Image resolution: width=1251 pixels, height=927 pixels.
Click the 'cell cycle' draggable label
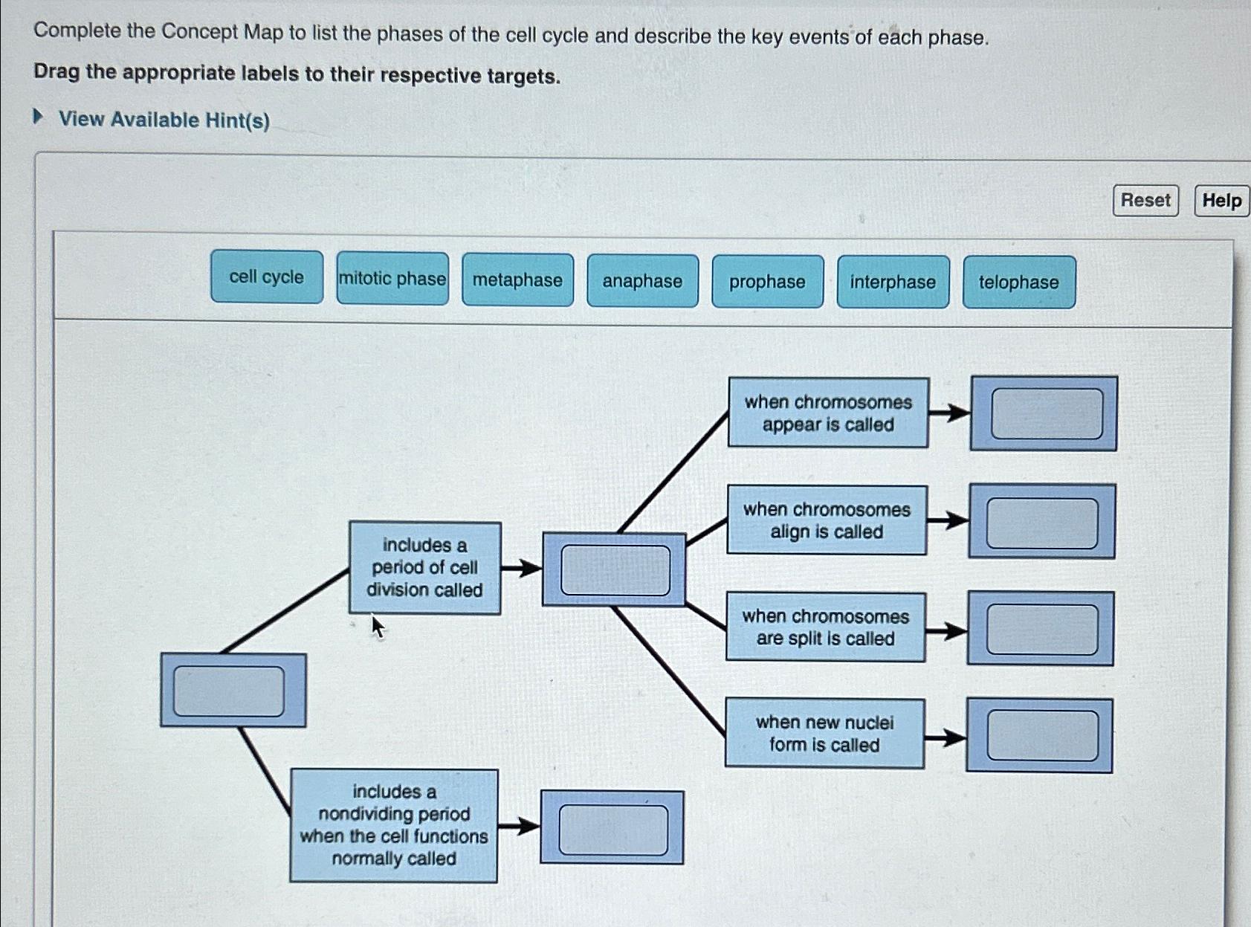tap(266, 277)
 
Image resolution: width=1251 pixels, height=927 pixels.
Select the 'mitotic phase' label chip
tap(392, 279)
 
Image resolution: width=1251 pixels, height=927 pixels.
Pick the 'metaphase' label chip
tap(517, 280)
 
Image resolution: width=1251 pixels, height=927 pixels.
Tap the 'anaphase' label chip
tap(642, 281)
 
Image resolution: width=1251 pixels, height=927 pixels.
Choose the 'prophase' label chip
tap(767, 282)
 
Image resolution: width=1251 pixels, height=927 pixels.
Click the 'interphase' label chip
tap(893, 282)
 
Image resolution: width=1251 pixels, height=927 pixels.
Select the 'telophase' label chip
tap(1018, 282)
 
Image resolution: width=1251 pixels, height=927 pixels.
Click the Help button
tap(1221, 201)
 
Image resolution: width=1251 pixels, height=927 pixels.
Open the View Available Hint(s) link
tap(164, 120)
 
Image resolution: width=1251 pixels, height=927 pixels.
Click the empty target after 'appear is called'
tap(1046, 413)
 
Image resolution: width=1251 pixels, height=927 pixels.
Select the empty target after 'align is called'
tap(1042, 523)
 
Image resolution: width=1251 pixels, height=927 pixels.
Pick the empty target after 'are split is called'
tap(1041, 629)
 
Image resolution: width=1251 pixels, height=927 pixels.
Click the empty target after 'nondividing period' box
tap(613, 829)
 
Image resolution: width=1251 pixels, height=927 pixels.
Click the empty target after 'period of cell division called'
tap(615, 569)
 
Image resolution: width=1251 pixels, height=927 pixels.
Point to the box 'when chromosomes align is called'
tap(827, 520)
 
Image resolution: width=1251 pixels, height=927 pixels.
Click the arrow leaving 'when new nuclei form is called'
tap(945, 737)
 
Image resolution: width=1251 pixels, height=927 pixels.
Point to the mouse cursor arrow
tap(378, 627)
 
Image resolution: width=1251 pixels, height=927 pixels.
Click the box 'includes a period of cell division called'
tap(424, 568)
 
